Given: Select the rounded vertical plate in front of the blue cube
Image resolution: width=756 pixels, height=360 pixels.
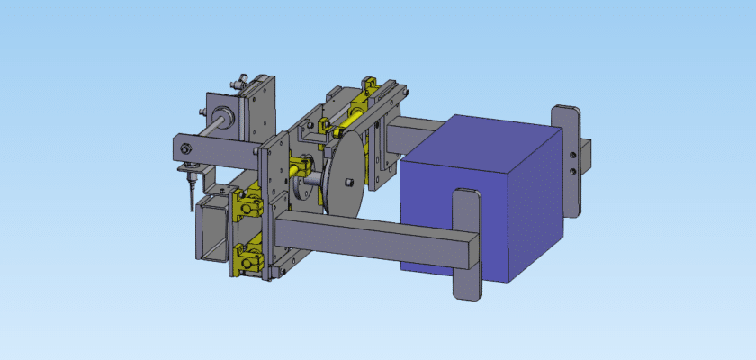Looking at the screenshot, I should tap(465, 243).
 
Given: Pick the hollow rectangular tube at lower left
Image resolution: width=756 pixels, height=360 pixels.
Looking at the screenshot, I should tap(212, 229).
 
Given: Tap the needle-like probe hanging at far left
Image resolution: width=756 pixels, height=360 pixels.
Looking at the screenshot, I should tap(190, 190).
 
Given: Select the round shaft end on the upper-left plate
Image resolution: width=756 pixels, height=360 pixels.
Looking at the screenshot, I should tap(219, 114).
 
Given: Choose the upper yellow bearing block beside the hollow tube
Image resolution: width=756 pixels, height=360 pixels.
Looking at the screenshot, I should tap(245, 206).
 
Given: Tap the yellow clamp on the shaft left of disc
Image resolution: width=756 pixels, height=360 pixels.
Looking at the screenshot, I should tap(299, 167).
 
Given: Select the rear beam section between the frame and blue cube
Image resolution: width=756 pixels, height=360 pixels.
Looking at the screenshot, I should tap(418, 135).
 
